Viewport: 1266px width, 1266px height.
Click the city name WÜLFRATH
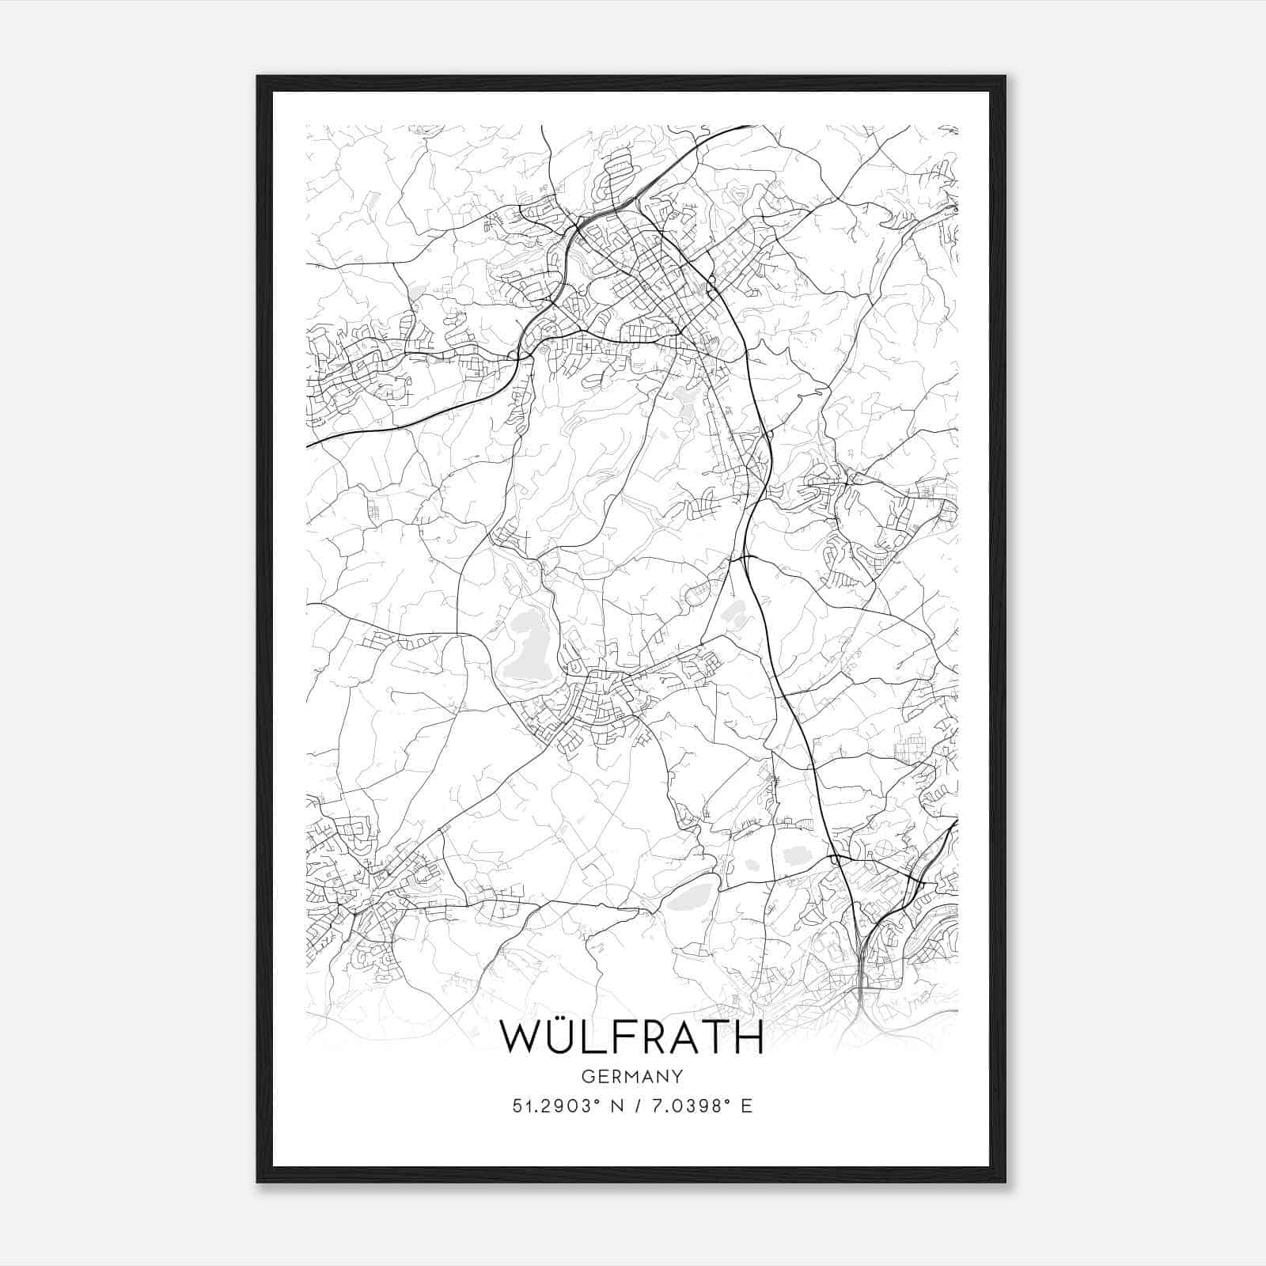click(x=632, y=1037)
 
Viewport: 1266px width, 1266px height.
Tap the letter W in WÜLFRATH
click(x=522, y=1037)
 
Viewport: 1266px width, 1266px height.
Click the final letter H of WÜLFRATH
click(x=747, y=1037)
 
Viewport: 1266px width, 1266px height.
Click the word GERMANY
click(x=632, y=1076)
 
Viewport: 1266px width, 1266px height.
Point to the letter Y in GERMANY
click(x=677, y=1076)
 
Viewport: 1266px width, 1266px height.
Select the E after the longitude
click(x=746, y=1106)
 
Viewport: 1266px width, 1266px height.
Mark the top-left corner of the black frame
click(x=258, y=77)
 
